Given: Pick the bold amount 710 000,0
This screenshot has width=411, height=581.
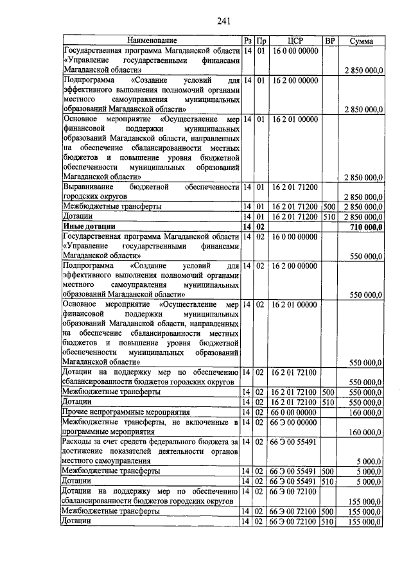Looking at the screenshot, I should (x=364, y=227).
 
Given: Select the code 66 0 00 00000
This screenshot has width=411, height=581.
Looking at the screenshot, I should (x=295, y=411).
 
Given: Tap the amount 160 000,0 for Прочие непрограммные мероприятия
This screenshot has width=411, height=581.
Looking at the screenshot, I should (x=365, y=411).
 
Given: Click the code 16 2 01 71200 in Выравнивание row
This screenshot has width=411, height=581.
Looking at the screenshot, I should (x=295, y=187).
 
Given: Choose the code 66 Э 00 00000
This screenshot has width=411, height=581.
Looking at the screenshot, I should (x=295, y=422).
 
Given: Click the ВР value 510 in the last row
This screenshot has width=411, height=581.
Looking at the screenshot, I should (x=329, y=521).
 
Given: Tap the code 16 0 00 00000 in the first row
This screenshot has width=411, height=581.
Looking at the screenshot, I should (x=295, y=50).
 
